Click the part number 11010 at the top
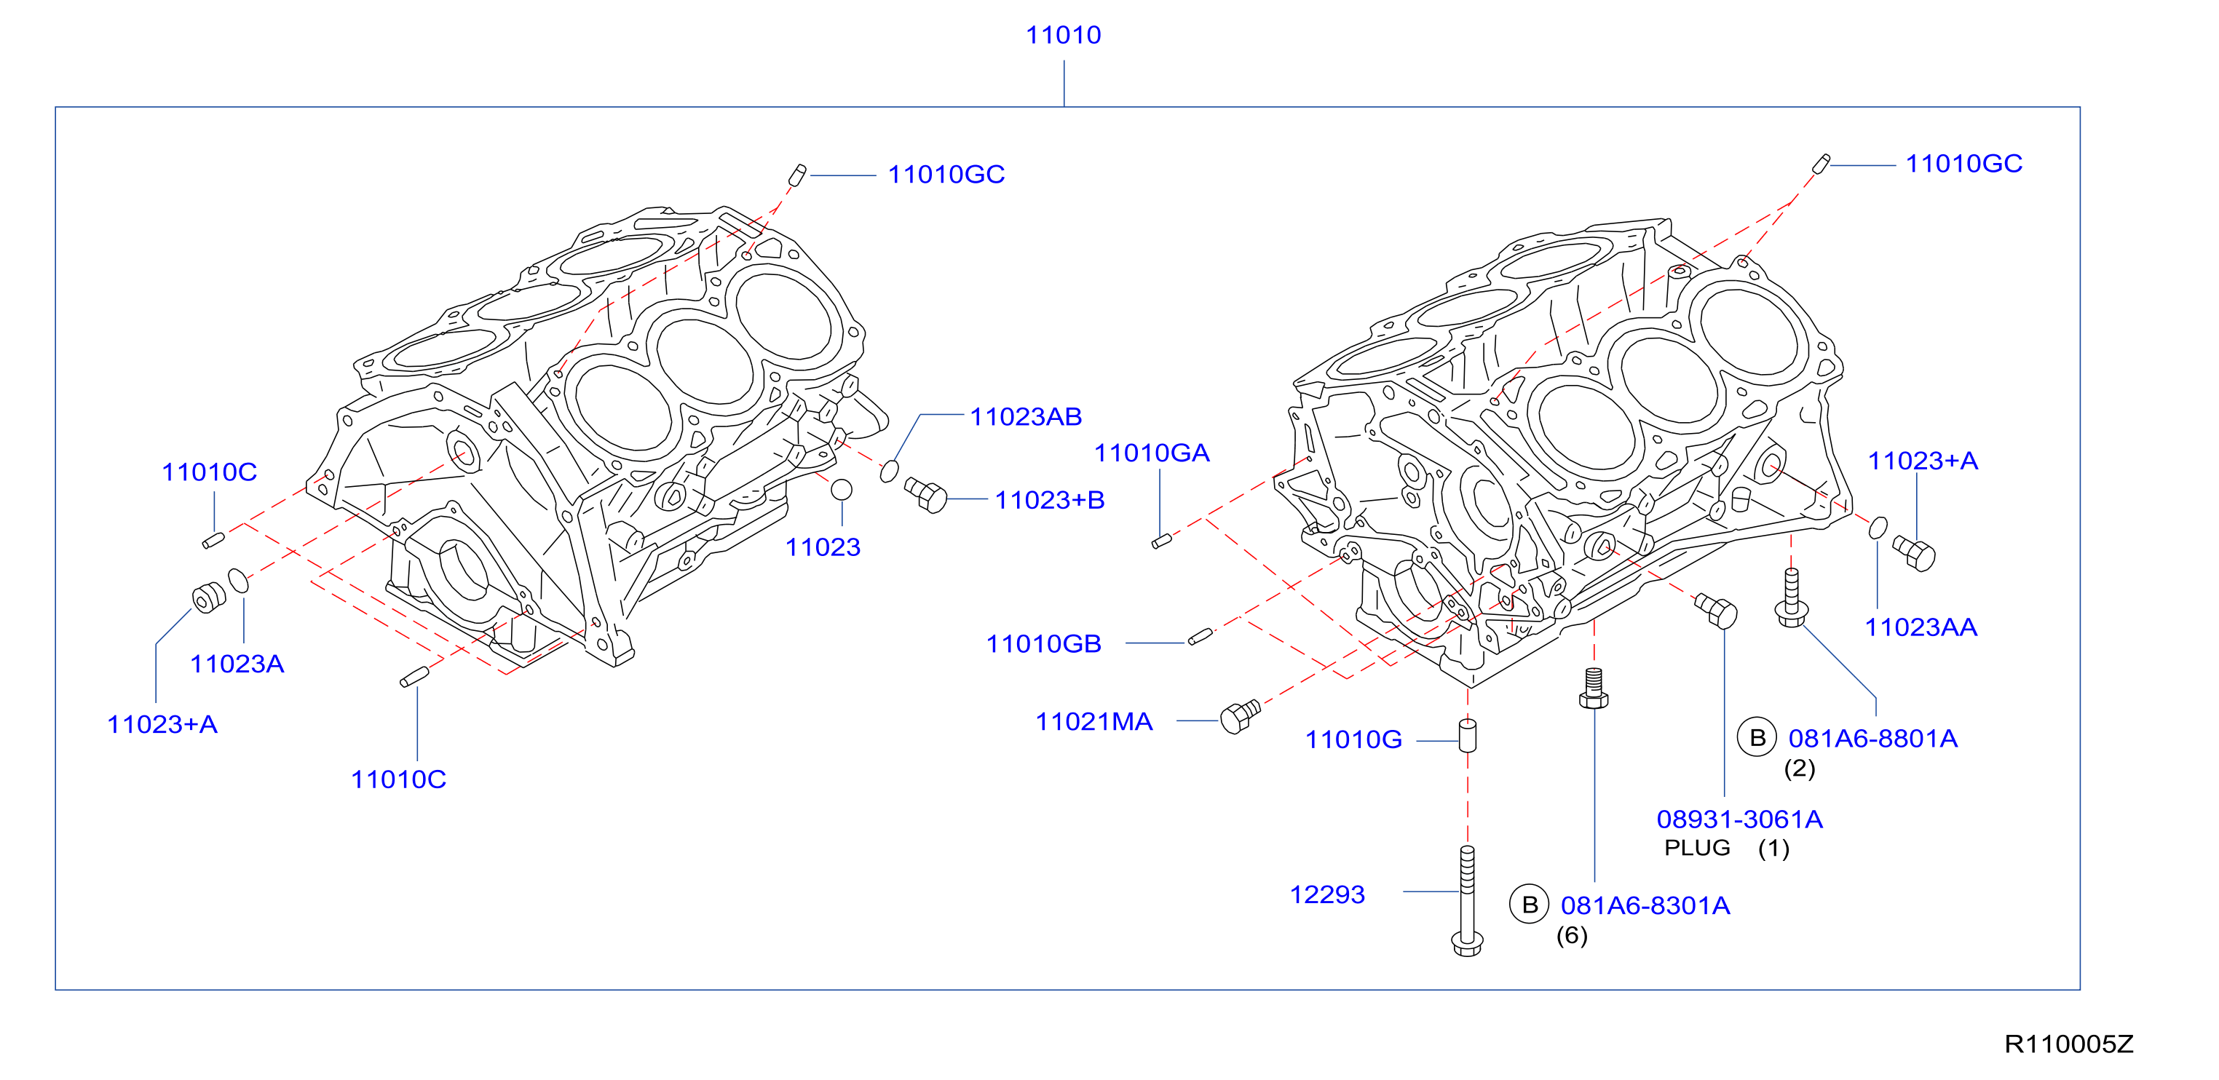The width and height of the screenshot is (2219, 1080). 1063,36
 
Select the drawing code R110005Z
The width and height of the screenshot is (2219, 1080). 2068,1044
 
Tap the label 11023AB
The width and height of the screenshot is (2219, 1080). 1026,417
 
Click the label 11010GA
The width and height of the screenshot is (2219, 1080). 1152,453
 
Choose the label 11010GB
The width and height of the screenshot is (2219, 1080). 1043,643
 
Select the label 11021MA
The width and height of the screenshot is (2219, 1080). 1093,722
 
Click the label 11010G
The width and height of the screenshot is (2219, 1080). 1353,740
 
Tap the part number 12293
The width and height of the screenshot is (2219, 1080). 1326,895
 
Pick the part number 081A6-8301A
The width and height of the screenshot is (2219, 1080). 1645,905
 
